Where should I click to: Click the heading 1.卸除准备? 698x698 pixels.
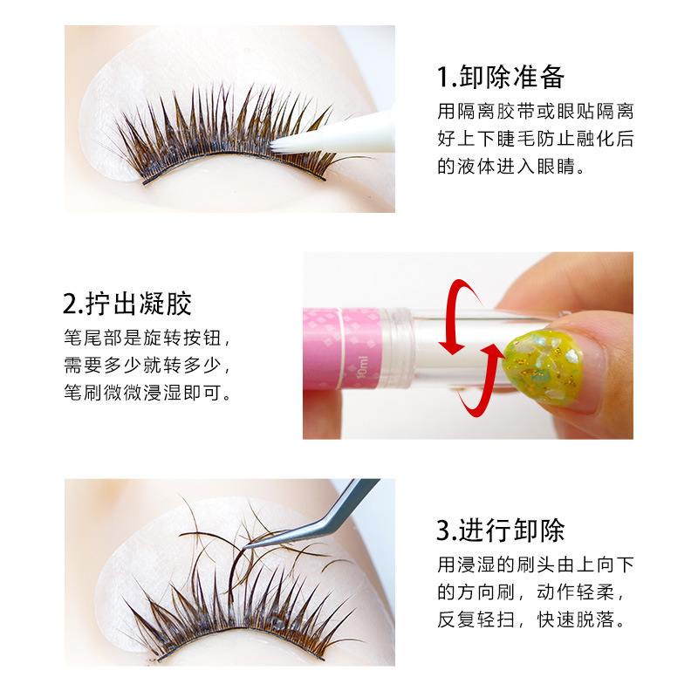pos(501,77)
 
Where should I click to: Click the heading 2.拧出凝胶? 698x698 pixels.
pos(127,303)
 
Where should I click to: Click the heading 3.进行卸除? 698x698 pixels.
pos(501,530)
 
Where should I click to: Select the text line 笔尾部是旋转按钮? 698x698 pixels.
pos(148,338)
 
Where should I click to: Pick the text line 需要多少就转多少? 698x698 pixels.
pos(148,365)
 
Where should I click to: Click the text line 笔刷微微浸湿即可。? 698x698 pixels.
pos(148,393)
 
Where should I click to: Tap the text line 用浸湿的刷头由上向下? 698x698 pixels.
pos(535,565)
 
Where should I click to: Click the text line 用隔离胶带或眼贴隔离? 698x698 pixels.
pos(535,111)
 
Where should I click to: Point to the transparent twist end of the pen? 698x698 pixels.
pos(436,349)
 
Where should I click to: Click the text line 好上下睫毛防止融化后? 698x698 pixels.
pos(535,139)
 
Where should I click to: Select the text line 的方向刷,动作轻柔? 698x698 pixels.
pos(535,592)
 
